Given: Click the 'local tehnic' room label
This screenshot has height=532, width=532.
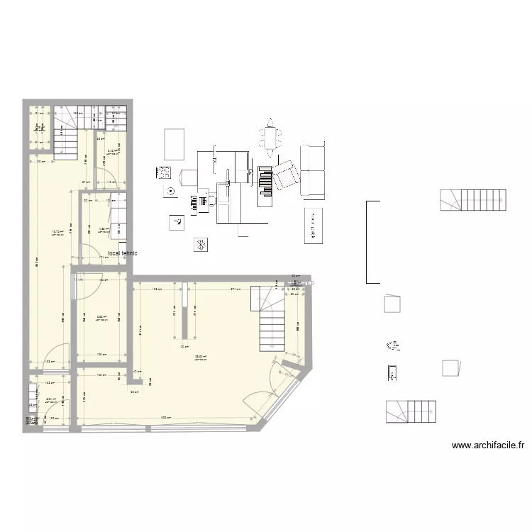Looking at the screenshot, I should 123,253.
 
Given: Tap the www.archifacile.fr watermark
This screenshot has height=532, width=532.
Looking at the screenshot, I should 488,445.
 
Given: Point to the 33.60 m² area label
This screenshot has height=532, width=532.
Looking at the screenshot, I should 200,357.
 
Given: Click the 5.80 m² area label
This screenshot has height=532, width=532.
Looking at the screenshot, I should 101,317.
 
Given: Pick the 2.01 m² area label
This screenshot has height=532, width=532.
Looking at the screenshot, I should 50,400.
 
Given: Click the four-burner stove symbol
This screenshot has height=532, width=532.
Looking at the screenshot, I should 164,172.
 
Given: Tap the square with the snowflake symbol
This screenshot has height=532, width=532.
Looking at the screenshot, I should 201,245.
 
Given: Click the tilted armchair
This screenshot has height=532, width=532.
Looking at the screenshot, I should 285,174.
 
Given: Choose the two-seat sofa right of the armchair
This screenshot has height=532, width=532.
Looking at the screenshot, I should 313,170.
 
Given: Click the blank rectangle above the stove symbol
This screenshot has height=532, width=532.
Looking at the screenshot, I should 174,144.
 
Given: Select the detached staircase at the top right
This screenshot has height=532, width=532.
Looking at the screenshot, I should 474,199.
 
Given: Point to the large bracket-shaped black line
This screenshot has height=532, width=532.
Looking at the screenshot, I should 367,242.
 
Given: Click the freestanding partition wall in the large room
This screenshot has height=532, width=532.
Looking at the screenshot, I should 184,310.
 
